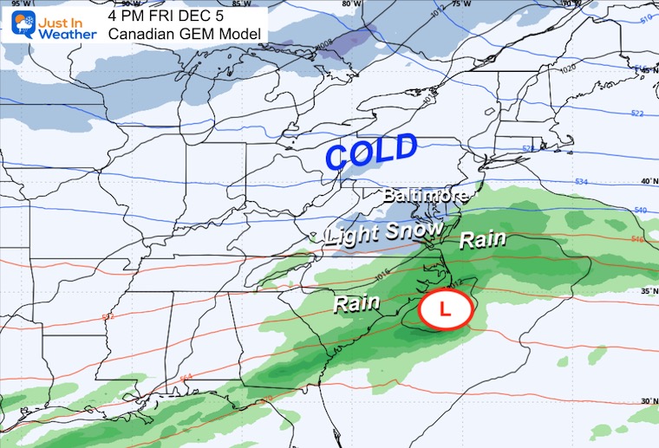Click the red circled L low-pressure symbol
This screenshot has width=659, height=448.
[x=447, y=309]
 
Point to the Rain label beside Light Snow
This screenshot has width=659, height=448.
[x=482, y=239]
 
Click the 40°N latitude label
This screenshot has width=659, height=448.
[x=645, y=181]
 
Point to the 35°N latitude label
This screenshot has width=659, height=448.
[x=646, y=292]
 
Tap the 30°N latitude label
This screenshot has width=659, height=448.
[x=646, y=400]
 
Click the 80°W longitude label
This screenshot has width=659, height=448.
[x=351, y=4]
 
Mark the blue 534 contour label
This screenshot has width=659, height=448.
[x=583, y=181]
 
